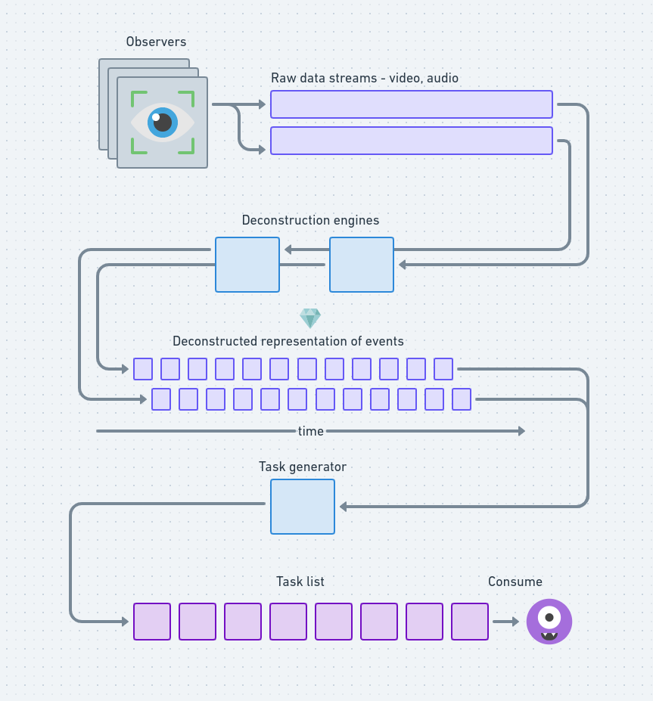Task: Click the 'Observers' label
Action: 156,42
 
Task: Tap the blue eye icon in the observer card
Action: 162,122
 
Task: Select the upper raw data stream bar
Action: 411,104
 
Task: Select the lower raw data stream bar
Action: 411,141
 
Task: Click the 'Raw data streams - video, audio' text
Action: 364,79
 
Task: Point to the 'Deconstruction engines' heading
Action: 310,221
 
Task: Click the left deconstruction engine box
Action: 247,265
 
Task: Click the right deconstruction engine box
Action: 362,265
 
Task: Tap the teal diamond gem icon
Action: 310,318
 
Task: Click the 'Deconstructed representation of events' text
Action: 288,342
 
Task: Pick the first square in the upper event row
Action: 143,369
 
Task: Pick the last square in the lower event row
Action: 462,399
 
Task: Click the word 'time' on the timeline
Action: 310,431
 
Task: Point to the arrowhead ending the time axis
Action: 521,431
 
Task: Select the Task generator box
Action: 303,507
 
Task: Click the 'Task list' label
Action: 300,582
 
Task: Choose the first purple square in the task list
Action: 152,622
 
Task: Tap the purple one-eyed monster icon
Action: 549,622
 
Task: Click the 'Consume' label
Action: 515,582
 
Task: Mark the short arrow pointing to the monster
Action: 505,622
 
